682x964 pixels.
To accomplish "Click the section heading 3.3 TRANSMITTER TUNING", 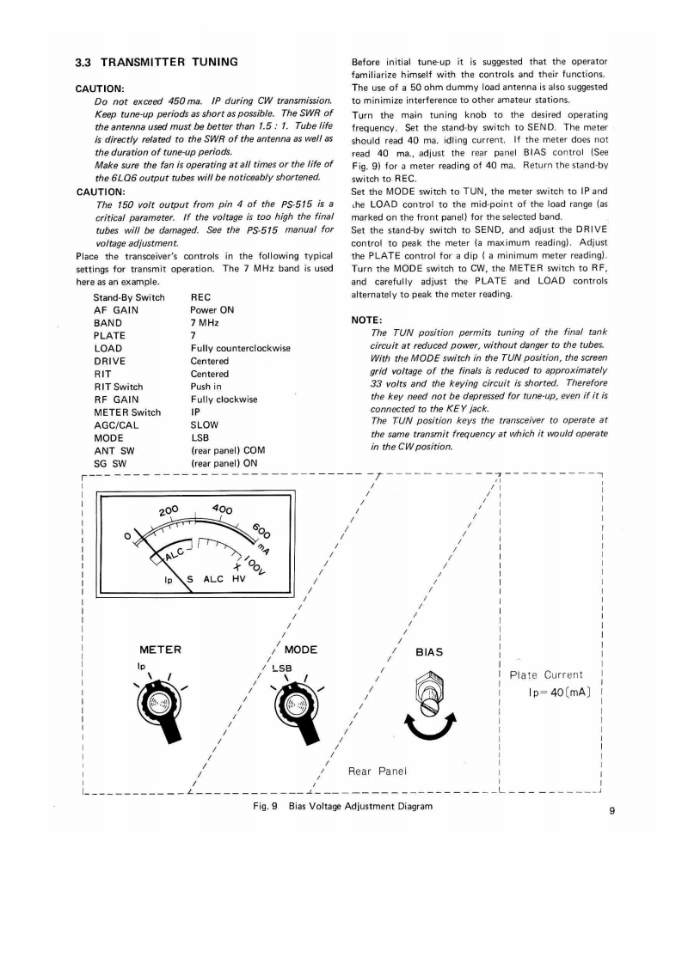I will point(157,63).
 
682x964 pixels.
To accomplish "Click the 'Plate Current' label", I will point(547,674).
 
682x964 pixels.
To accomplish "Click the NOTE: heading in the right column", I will point(366,320).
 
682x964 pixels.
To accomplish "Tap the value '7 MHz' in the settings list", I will point(205,322).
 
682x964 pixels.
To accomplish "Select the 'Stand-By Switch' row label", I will point(129,297).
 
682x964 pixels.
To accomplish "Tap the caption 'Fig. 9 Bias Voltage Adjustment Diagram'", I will point(341,807).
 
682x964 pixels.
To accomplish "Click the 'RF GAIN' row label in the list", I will point(114,399).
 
